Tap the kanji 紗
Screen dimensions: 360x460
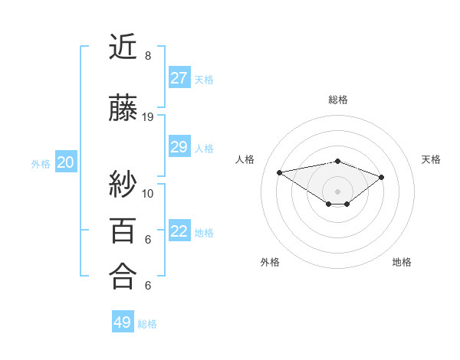tap(123, 184)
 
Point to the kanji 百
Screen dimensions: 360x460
tap(123, 230)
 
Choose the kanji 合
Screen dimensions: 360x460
tap(123, 276)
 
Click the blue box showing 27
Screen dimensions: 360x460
tap(179, 78)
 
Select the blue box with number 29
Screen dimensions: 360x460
tap(179, 147)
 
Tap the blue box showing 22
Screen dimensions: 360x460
tap(179, 231)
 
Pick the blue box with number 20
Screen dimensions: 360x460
tap(66, 162)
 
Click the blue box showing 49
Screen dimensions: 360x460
tap(123, 322)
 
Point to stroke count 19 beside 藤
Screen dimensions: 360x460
tap(148, 117)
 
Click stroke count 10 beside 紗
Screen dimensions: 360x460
tap(148, 193)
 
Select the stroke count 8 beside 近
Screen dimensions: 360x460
tap(148, 56)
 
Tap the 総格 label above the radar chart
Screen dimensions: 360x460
tap(337, 100)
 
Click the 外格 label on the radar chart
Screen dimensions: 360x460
tap(270, 262)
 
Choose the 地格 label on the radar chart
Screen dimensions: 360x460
tap(402, 262)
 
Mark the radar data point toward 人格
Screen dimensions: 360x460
tap(279, 172)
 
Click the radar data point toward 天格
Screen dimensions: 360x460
tap(382, 177)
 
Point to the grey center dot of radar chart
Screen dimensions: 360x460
tap(337, 190)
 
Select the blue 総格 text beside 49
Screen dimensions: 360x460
tap(147, 324)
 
